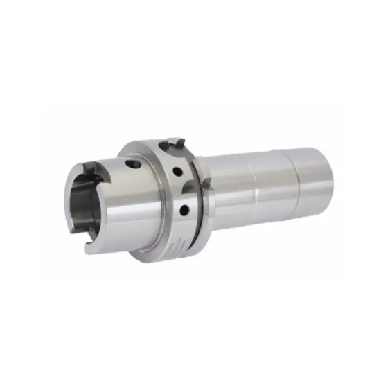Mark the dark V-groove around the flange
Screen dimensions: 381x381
[197, 208]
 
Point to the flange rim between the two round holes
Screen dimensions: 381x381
[181, 190]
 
